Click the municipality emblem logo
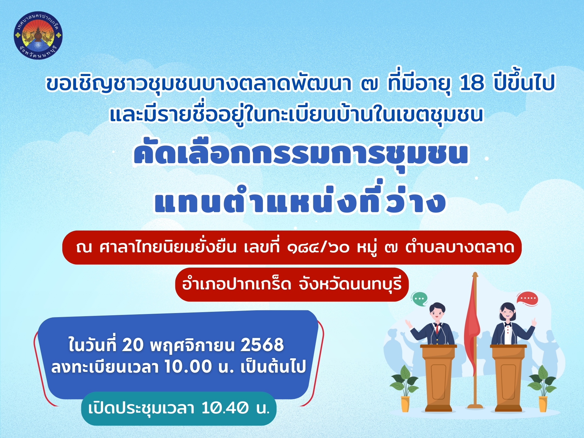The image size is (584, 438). point(38,36)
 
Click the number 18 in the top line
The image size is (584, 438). point(472,83)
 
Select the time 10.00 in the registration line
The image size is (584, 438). point(188,366)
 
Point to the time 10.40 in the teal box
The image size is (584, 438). point(225,408)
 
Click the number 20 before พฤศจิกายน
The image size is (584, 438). point(133,345)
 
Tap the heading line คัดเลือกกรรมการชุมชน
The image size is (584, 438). point(301,154)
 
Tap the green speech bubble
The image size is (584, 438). point(419,299)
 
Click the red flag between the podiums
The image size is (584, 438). point(472,324)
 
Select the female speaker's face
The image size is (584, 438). point(507,312)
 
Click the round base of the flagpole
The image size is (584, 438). point(475,406)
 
